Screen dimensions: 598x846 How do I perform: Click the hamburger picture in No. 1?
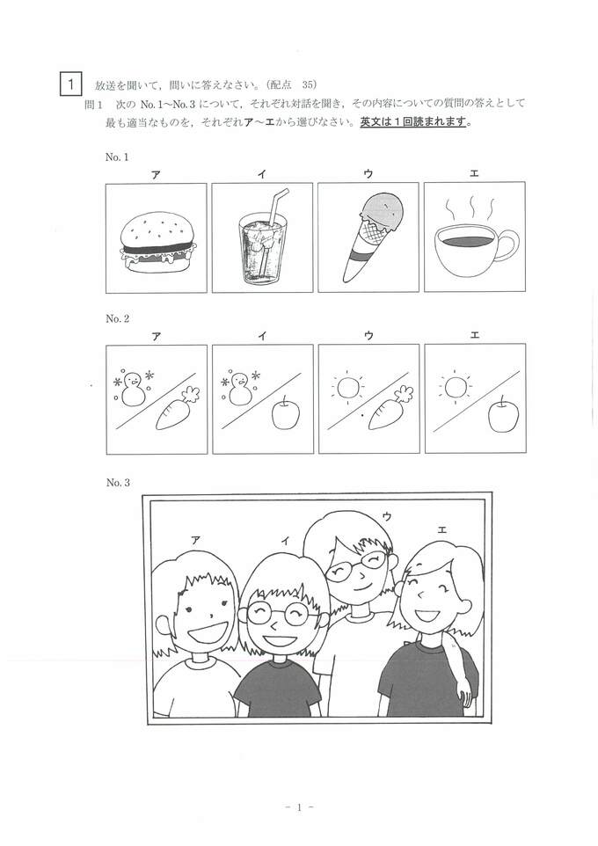tap(157, 241)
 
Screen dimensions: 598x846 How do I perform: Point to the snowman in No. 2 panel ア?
tap(132, 389)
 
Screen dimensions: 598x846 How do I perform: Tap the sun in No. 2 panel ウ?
tap(347, 387)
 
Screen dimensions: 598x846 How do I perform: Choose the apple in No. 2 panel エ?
tap(503, 414)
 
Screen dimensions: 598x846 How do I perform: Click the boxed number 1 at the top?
tap(70, 84)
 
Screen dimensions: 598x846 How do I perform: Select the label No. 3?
tap(118, 483)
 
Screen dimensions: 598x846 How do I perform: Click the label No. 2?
tap(117, 319)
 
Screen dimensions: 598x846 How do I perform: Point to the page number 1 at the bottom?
tap(299, 807)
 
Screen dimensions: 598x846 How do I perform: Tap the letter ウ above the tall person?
tap(386, 516)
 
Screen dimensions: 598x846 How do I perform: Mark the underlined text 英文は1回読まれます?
tap(412, 122)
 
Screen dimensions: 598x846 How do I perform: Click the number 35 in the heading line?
tap(310, 84)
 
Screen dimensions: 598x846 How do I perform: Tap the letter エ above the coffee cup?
tap(474, 173)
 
